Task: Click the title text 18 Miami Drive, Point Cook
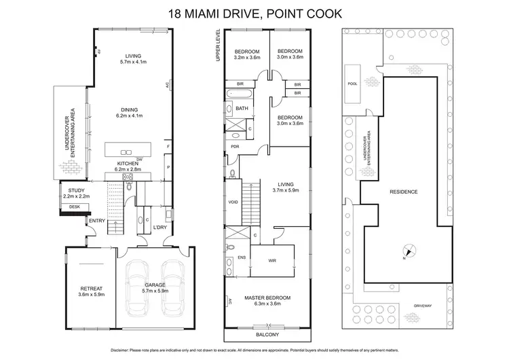tap(254, 13)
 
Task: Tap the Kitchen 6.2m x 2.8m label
tap(128, 167)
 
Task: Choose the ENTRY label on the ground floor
tap(97, 221)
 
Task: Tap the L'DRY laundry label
tap(161, 226)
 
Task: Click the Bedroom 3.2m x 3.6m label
tap(247, 55)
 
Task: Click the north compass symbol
tap(406, 252)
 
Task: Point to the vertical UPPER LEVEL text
tap(219, 46)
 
